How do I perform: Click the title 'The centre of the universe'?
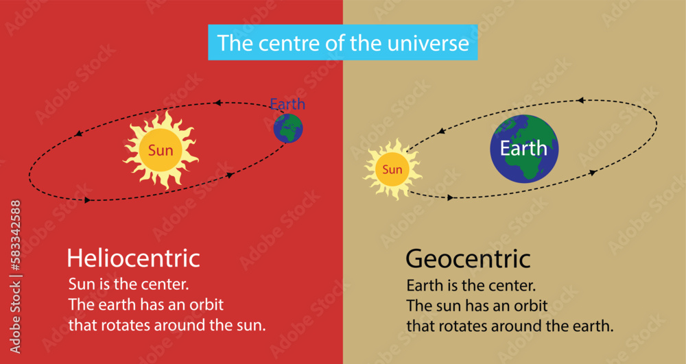pos(343,43)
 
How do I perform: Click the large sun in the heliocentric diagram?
pos(161,150)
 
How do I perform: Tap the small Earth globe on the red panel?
pos(288,128)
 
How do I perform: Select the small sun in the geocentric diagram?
pos(392,169)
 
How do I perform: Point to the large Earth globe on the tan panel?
pos(524,149)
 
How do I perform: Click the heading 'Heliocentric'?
pos(133,258)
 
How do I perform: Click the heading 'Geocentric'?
pos(468,259)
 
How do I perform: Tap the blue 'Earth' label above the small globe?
pos(287,105)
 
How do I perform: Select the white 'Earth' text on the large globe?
pos(523,148)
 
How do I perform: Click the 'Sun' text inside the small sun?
pos(392,169)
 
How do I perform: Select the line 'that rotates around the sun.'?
pos(167,325)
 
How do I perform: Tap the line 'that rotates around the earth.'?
pos(510,326)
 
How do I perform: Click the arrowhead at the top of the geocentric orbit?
pos(580,101)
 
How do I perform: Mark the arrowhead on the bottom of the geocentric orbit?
pos(451,197)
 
